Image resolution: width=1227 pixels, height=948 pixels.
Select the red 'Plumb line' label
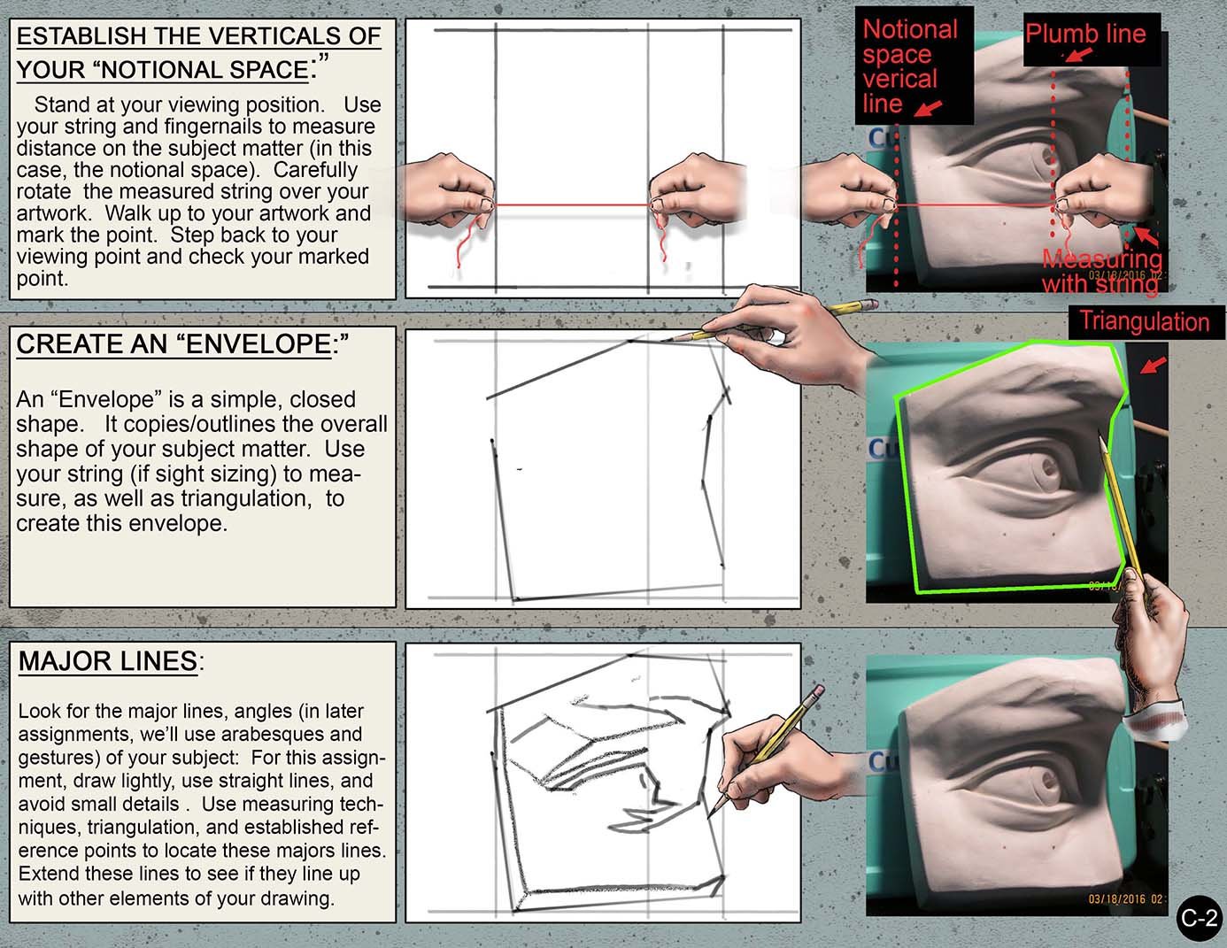[1085, 35]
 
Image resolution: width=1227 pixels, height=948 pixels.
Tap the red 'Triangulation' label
[1144, 321]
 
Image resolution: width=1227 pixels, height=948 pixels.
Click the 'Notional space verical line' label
[910, 66]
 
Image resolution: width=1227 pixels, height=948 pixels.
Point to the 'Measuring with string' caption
[1101, 271]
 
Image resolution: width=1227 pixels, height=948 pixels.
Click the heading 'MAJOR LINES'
[108, 661]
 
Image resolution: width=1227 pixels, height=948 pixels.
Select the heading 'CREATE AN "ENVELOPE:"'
[182, 344]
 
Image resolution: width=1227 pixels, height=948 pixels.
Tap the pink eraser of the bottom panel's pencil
[816, 689]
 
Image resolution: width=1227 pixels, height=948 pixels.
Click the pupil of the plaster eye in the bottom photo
[1050, 782]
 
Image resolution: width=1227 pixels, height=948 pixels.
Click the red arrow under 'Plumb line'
[1077, 55]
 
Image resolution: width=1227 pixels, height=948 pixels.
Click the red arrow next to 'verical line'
[928, 109]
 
